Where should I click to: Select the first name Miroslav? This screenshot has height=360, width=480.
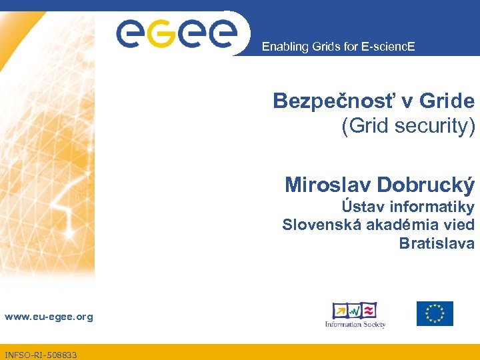[327, 184]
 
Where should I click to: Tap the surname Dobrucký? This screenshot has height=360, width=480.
[425, 184]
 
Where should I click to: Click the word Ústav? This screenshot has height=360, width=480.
[365, 207]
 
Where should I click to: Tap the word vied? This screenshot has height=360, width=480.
[459, 225]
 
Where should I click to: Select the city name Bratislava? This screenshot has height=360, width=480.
[437, 243]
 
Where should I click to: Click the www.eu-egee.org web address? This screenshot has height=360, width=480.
[49, 317]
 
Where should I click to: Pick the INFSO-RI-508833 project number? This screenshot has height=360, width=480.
[41, 355]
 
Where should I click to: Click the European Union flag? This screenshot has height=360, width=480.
[435, 313]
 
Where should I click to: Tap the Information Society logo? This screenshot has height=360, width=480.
[355, 314]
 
